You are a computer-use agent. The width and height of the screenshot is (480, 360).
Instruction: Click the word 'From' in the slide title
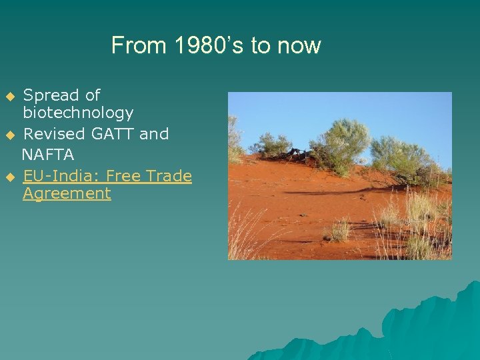coord(139,45)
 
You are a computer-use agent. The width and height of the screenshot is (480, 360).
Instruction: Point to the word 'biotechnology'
coord(78,113)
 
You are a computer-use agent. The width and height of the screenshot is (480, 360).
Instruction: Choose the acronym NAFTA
coord(48,155)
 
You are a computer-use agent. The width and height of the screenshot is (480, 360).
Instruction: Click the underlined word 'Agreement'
coord(67,194)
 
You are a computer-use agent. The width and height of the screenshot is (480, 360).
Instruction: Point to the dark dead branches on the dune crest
coord(293,155)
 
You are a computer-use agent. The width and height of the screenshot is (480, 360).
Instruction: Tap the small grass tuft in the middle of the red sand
coord(338,230)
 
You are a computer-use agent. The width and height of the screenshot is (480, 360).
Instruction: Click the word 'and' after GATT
coord(154,133)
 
